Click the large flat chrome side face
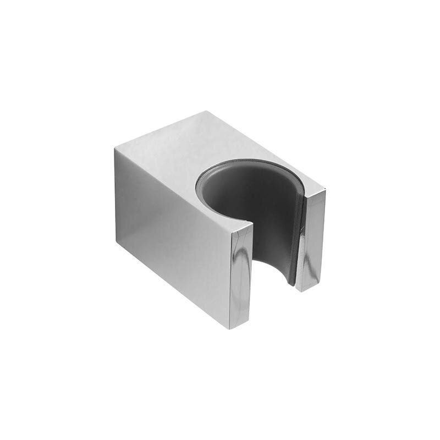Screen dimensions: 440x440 (x=170, y=231)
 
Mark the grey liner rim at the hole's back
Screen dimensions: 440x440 (x=248, y=165)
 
